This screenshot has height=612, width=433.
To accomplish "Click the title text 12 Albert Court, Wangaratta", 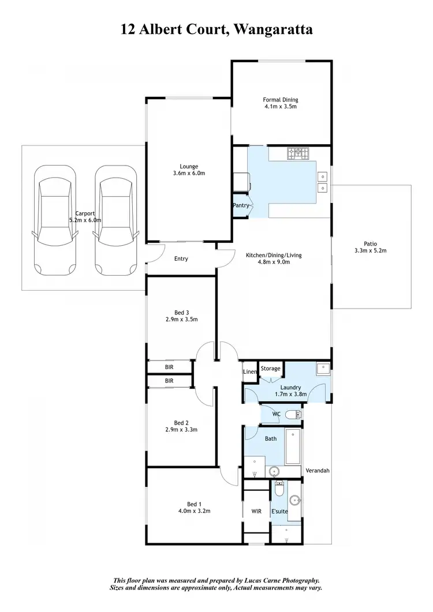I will [216, 29].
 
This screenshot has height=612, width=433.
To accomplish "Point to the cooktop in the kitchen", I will [298, 153].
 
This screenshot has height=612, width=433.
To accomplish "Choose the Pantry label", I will [241, 205].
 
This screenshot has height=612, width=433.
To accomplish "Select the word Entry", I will [181, 258].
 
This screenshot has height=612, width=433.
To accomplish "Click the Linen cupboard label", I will [249, 372].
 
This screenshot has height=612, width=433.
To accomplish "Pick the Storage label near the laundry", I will [270, 369].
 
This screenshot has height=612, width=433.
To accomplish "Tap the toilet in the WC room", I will [297, 414].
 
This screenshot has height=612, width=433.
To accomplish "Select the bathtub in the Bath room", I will [293, 448].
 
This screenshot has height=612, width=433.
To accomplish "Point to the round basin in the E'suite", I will [295, 500].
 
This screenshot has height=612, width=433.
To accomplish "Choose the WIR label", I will [257, 510].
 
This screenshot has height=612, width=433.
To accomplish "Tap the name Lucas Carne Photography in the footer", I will [279, 581].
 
